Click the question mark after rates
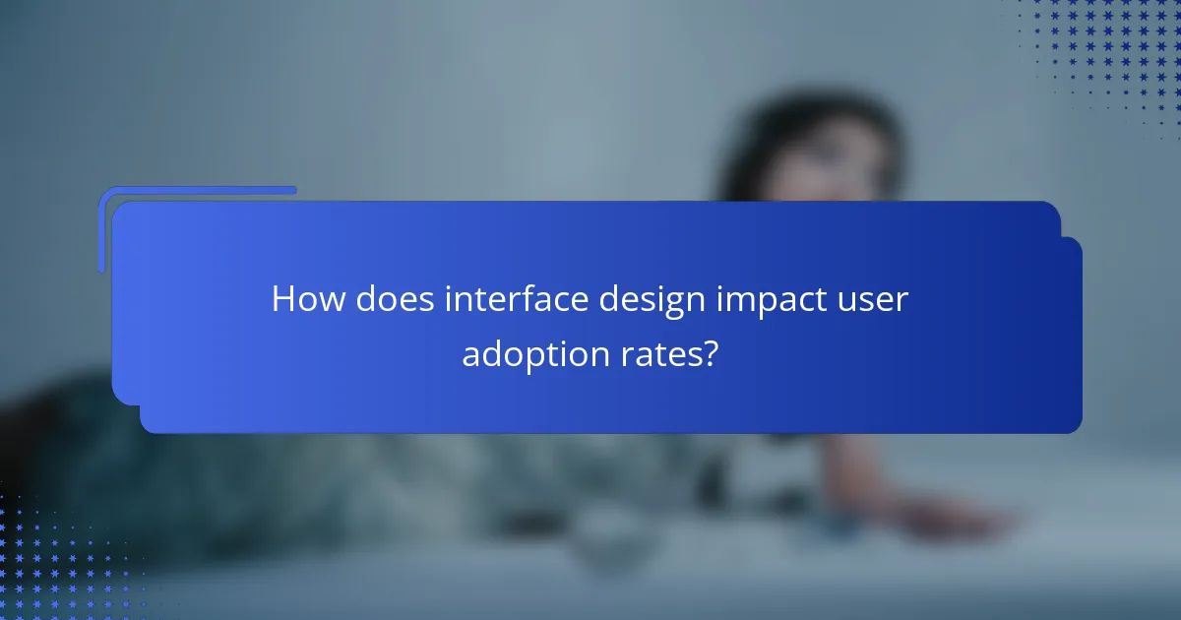coord(711,353)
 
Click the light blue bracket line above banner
coord(197,190)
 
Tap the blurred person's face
coord(837,177)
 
